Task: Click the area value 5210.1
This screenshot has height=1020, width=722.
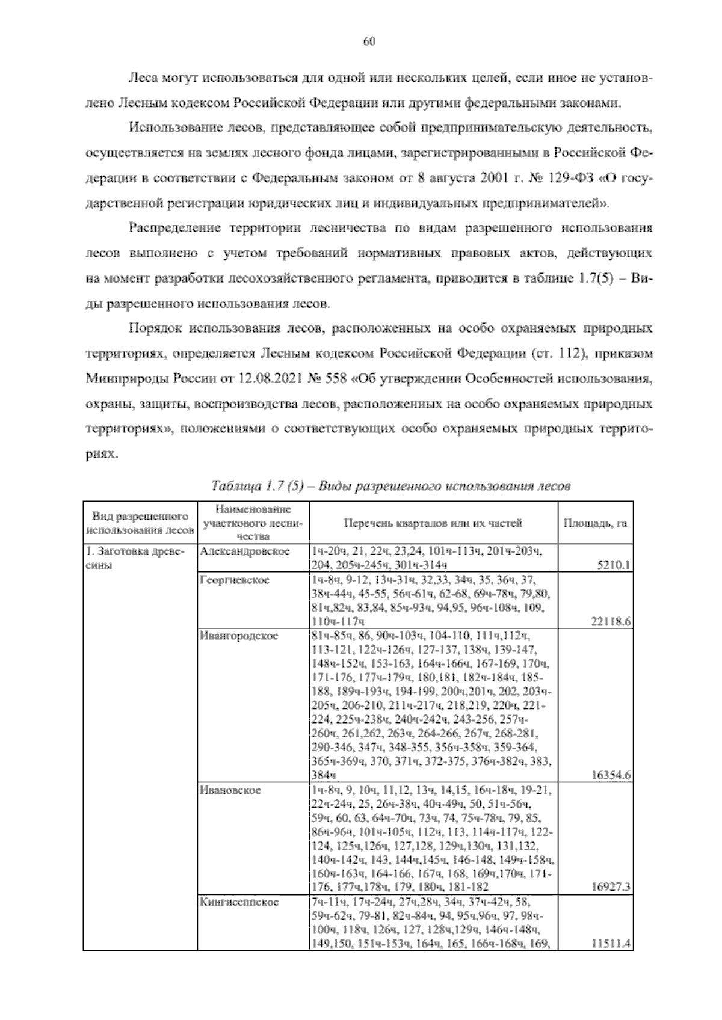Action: tap(612, 565)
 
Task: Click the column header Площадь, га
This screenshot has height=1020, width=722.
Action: tap(594, 523)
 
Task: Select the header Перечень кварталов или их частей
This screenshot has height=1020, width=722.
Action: tap(433, 523)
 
